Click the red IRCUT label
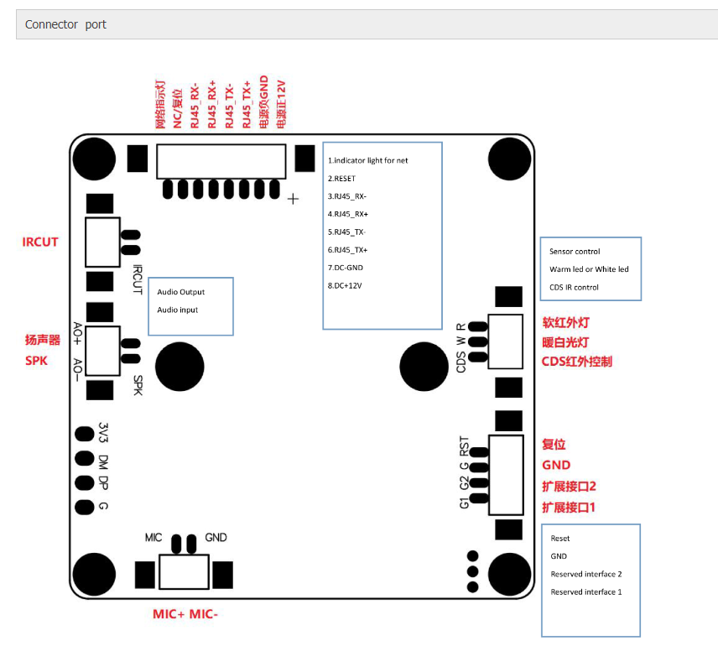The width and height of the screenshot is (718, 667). tap(40, 242)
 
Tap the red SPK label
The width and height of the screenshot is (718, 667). tap(37, 360)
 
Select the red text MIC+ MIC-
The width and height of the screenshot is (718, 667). tap(185, 614)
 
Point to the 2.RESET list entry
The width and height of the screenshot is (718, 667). tap(342, 178)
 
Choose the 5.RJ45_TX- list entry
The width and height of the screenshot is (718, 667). tap(347, 232)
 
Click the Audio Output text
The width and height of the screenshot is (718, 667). tap(180, 292)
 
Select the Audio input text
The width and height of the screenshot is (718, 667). tap(179, 310)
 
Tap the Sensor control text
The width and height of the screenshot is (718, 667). tap(575, 252)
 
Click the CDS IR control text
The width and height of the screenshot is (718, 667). tap(574, 287)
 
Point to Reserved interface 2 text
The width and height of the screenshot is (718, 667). tap(586, 574)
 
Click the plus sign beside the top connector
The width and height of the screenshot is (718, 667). tap(293, 199)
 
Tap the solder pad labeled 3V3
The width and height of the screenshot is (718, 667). tap(84, 435)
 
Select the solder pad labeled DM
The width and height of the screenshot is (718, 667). tap(84, 459)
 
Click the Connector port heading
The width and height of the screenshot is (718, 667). tap(65, 24)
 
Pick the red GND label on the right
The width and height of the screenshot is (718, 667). tap(556, 465)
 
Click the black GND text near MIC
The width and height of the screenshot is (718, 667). tap(216, 537)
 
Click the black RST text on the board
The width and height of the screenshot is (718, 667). tap(464, 445)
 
